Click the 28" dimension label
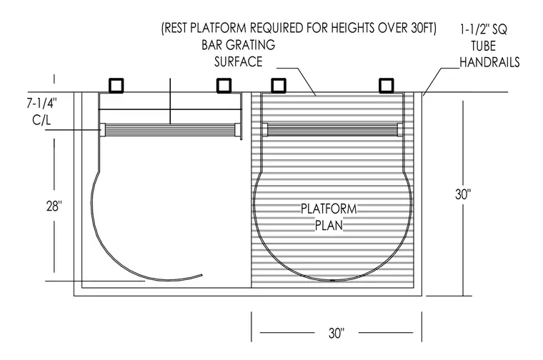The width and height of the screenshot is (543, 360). tap(54, 206)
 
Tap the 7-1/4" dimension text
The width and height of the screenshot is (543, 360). tap(41, 103)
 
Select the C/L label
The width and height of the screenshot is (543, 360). tap(41, 120)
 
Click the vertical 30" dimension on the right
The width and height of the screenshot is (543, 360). tap(463, 194)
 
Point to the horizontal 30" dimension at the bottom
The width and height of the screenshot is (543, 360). tap(337, 333)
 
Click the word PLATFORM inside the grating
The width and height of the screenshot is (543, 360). tap(329, 209)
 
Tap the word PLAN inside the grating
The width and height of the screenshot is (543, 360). tap(329, 225)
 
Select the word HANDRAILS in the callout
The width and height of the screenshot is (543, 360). tap(489, 62)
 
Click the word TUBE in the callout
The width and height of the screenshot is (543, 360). tap(483, 46)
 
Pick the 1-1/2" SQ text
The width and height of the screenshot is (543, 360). tap(484, 29)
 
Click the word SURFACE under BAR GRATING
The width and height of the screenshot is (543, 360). tap(238, 61)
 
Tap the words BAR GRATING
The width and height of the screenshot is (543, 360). tap(238, 45)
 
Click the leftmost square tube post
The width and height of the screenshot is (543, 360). tap(116, 86)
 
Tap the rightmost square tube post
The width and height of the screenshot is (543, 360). tap(386, 86)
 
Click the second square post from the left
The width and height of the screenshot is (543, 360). tap(224, 86)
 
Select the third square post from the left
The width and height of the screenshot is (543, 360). tap(279, 86)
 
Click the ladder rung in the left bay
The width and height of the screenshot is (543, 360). tap(170, 130)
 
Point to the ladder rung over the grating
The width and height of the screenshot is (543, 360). tap(333, 130)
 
